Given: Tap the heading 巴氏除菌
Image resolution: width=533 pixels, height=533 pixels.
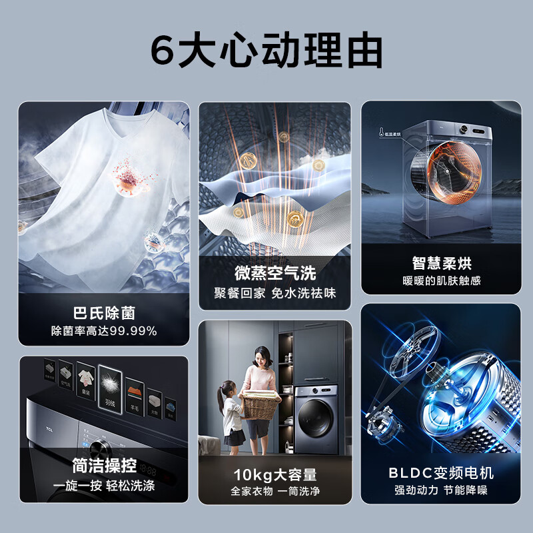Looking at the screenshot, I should (104, 312).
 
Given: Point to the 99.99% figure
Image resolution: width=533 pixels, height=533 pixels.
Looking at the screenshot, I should (134, 330).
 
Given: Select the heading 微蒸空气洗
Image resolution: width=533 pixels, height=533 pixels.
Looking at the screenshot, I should (274, 272).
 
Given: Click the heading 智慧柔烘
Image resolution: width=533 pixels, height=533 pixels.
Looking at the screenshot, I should (441, 263).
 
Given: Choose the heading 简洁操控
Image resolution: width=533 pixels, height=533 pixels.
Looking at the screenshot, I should (104, 464).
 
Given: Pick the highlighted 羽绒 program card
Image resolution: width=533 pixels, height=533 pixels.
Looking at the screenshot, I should (110, 388).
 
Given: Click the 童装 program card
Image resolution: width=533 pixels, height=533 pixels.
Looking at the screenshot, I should (85, 382).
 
